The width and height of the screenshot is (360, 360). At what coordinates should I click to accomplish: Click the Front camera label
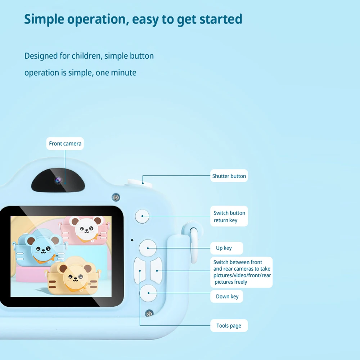65,144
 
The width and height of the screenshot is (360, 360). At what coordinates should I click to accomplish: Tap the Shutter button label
229,176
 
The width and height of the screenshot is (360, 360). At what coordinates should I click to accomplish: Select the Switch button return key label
229,216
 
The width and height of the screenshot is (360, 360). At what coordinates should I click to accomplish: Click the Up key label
226,248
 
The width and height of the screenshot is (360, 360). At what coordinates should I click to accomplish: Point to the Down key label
226,296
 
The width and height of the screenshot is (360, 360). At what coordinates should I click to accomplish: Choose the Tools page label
229,325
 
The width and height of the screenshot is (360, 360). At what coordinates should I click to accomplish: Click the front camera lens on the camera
58,180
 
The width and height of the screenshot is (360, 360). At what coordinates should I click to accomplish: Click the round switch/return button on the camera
142,216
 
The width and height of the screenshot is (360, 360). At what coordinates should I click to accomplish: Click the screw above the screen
116,197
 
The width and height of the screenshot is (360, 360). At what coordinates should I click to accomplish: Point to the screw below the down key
149,313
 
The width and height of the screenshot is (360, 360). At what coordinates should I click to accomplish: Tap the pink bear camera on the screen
85,230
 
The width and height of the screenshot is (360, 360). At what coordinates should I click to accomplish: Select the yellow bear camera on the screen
74,275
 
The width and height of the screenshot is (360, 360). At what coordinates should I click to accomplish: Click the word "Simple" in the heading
44,19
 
